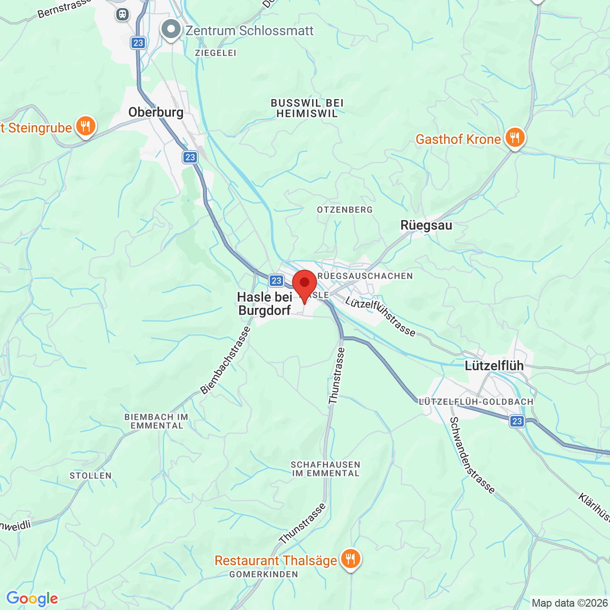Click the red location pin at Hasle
click(304, 284)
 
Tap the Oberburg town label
click(156, 112)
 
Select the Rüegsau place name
click(426, 225)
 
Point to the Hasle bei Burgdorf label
click(264, 304)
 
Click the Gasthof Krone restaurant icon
click(515, 138)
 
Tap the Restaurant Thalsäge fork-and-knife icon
click(350, 559)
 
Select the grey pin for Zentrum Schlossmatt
click(171, 30)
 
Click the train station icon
click(122, 14)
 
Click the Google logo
click(32, 599)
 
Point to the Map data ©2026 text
click(569, 603)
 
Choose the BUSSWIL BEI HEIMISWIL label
click(307, 108)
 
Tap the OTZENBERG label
click(345, 210)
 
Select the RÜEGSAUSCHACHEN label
click(365, 276)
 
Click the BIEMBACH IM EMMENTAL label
click(156, 421)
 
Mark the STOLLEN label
click(91, 476)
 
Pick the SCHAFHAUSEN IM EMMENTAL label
click(325, 469)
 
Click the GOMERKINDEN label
click(264, 574)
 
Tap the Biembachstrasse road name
click(225, 361)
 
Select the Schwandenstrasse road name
click(472, 455)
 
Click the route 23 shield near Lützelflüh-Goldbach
click(517, 421)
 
